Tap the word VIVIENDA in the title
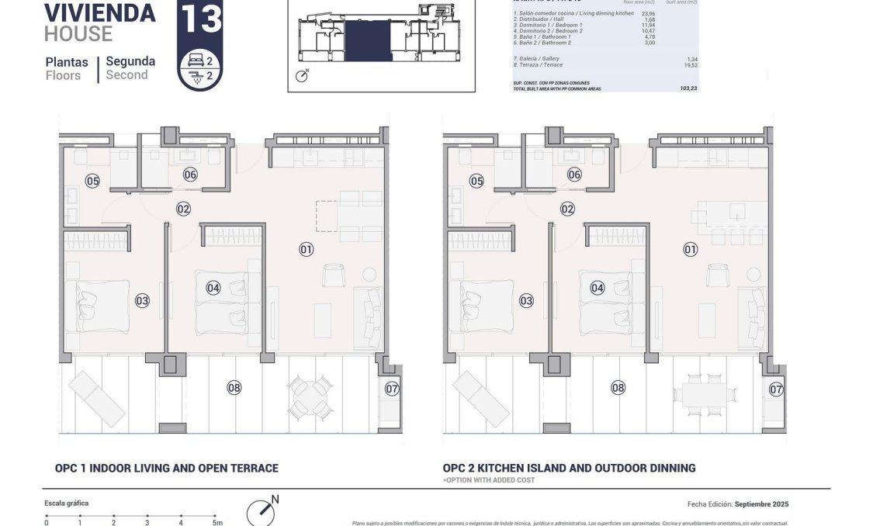click(99, 13)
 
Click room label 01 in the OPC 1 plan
click(306, 249)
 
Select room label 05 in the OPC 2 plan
click(476, 181)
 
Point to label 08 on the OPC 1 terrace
click(234, 387)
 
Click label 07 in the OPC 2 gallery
click(775, 389)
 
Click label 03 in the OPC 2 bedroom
click(526, 300)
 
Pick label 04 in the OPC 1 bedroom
click(213, 288)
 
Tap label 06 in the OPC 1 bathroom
click(190, 175)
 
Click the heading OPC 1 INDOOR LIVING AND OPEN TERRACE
click(166, 468)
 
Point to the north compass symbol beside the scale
click(261, 512)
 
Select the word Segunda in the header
click(130, 61)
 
